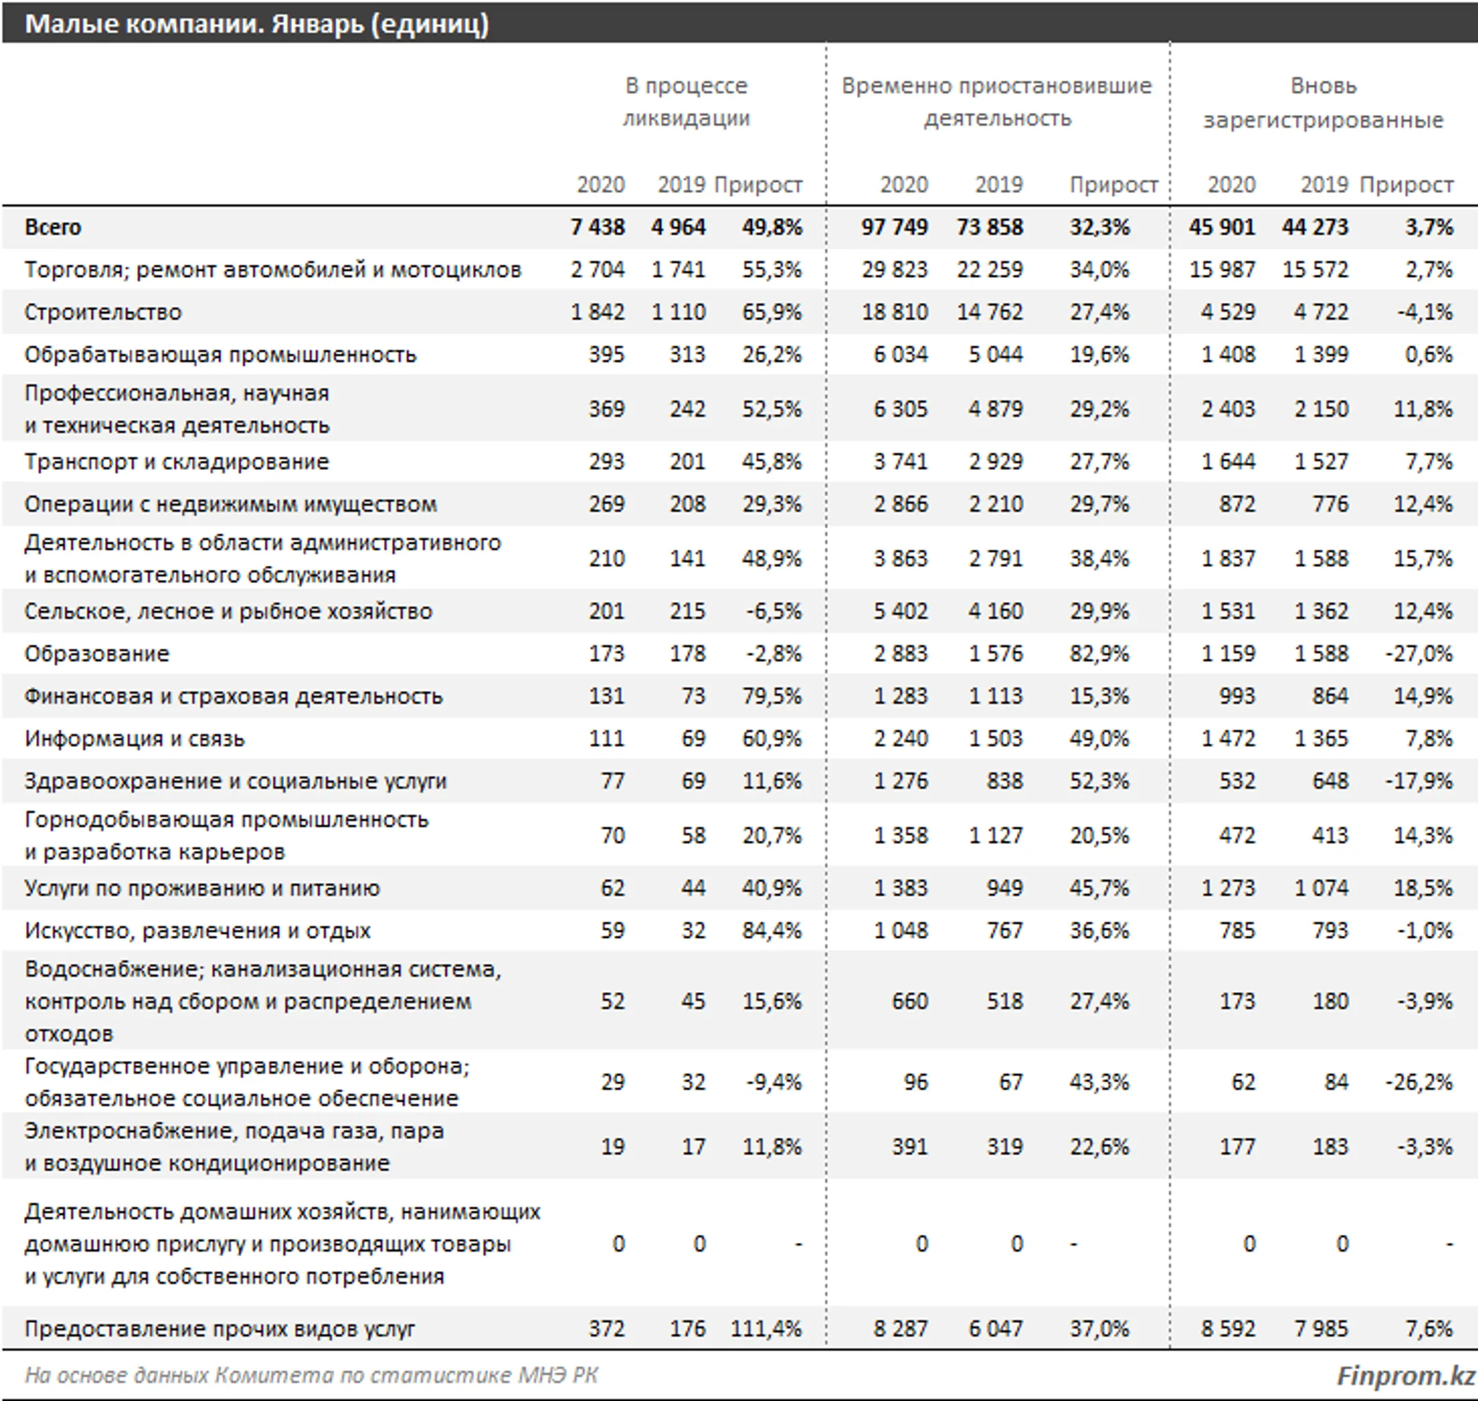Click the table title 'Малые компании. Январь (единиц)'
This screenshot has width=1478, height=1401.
coord(256,24)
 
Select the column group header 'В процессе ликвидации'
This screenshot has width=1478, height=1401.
coord(686,103)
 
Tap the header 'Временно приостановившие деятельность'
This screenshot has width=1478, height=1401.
coord(996,103)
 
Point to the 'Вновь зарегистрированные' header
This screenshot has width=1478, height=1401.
coord(1323,103)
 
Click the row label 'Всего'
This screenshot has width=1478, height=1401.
coord(53,227)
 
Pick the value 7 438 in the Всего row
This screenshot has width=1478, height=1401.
coord(597,227)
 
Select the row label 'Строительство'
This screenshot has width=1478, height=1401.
coord(103,312)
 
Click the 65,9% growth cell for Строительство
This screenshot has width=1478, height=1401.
coord(771,312)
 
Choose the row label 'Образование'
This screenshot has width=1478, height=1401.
coord(97,654)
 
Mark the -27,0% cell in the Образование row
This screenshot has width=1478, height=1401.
coord(1419,654)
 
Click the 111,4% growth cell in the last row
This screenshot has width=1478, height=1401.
coord(766,1328)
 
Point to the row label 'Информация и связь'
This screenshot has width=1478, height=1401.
coord(134,739)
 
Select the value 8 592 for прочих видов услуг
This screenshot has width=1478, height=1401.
coord(1228,1328)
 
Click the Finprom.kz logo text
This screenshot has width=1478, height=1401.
coord(1405,1376)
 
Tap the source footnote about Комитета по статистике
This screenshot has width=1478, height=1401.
coord(311,1376)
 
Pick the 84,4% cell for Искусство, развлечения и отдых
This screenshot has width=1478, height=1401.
coord(771,930)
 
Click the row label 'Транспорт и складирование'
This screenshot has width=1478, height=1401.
coord(177,462)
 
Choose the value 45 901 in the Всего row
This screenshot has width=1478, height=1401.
coord(1222,227)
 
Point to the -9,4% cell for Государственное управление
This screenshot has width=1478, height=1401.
coord(774,1082)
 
